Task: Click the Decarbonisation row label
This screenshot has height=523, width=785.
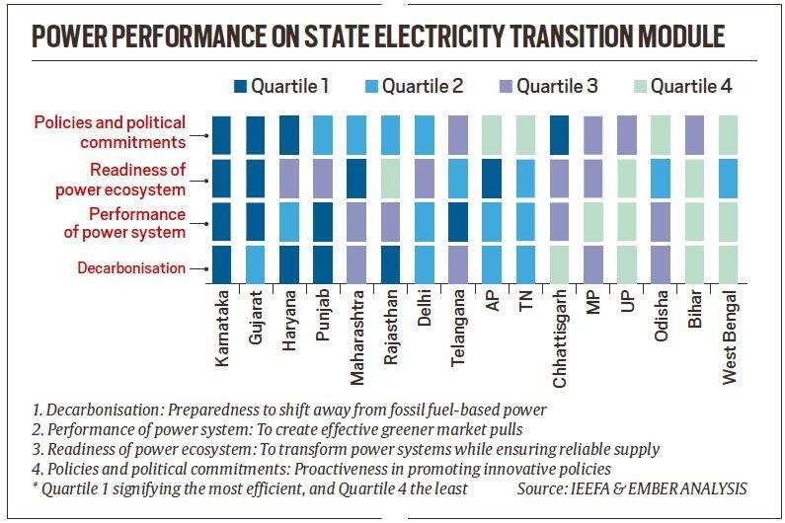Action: pyautogui.click(x=132, y=267)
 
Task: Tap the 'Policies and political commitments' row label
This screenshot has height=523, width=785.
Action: pyautogui.click(x=110, y=132)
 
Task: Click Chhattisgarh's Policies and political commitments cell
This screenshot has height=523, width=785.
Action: pyautogui.click(x=559, y=134)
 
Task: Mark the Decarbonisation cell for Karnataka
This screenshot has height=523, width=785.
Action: pyautogui.click(x=222, y=263)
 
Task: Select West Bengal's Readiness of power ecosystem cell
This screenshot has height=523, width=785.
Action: pyautogui.click(x=729, y=178)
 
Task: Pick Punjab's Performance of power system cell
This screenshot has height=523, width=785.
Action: pyautogui.click(x=323, y=221)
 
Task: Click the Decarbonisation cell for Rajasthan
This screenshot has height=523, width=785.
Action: pyautogui.click(x=390, y=263)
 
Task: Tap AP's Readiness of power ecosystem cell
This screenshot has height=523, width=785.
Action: pyautogui.click(x=492, y=178)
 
